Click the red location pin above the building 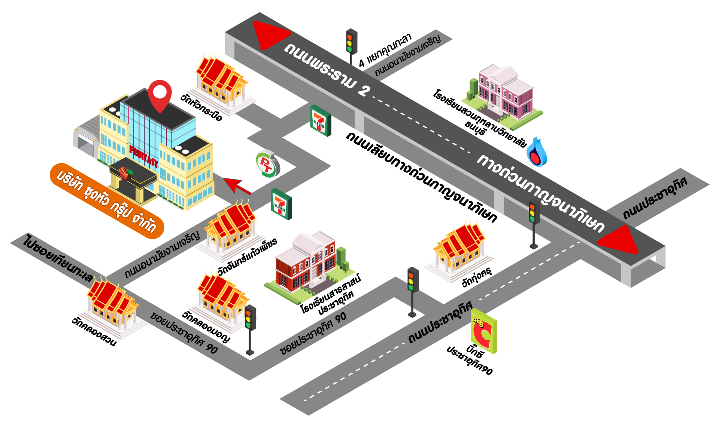[x=160, y=94]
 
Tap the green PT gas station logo [x=267, y=164]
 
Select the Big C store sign [x=484, y=331]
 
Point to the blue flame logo [x=537, y=153]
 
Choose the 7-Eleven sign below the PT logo [x=281, y=204]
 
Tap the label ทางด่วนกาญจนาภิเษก [x=541, y=193]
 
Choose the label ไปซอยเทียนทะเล [x=58, y=258]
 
